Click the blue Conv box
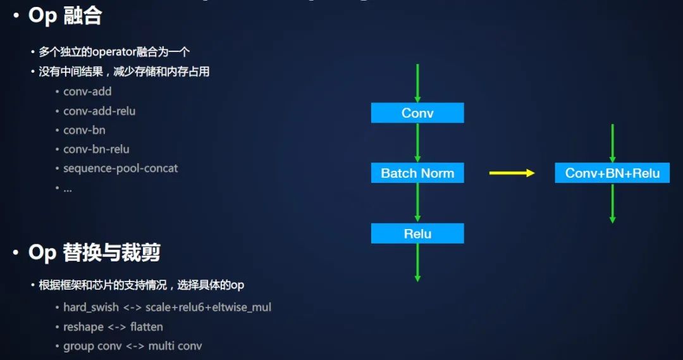pyautogui.click(x=417, y=113)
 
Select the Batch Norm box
pyautogui.click(x=417, y=173)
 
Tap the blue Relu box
pyautogui.click(x=417, y=233)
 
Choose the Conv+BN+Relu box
pyautogui.click(x=612, y=173)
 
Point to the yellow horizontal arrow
pyautogui.click(x=512, y=173)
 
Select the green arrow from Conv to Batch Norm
pyautogui.click(x=417, y=142)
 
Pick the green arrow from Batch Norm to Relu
pyautogui.click(x=417, y=202)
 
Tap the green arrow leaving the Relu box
pyautogui.click(x=417, y=262)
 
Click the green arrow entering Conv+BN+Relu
pyautogui.click(x=612, y=144)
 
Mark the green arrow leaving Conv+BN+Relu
pyautogui.click(x=612, y=202)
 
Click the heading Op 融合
pyautogui.click(x=65, y=16)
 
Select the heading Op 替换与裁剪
pyautogui.click(x=94, y=253)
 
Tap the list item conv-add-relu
pyautogui.click(x=99, y=111)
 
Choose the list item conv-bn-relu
pyautogui.click(x=96, y=149)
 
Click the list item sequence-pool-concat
pyautogui.click(x=120, y=168)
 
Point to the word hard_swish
pyautogui.click(x=91, y=307)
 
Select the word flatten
pyautogui.click(x=147, y=327)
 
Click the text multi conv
pyautogui.click(x=175, y=346)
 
